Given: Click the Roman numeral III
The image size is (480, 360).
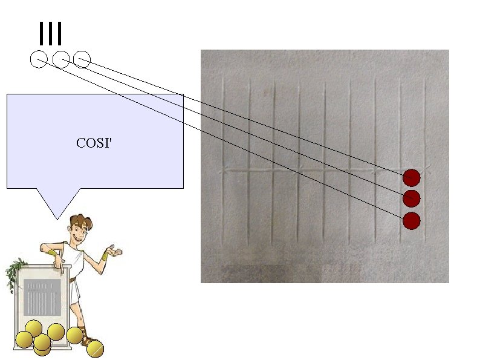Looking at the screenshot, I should point(50,34).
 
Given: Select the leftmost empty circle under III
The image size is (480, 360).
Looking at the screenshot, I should point(38,60).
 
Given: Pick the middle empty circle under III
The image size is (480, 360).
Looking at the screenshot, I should point(60,60).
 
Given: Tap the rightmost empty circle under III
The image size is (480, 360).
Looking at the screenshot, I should point(82,60).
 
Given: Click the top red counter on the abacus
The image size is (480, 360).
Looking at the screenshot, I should point(412,177).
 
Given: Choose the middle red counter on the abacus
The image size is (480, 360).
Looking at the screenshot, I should point(412,198).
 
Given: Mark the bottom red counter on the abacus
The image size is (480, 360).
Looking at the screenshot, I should point(412,220).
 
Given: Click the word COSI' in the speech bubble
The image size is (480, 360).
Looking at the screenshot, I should point(94,143).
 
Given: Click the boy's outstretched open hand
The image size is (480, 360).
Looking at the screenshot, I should point(114,250).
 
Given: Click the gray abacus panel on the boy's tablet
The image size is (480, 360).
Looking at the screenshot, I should point(42,298).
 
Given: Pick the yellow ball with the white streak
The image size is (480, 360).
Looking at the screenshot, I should point(95,349).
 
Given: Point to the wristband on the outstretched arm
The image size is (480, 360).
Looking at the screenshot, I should point(105,256).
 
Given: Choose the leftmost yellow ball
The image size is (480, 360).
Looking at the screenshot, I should point(24,340).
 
